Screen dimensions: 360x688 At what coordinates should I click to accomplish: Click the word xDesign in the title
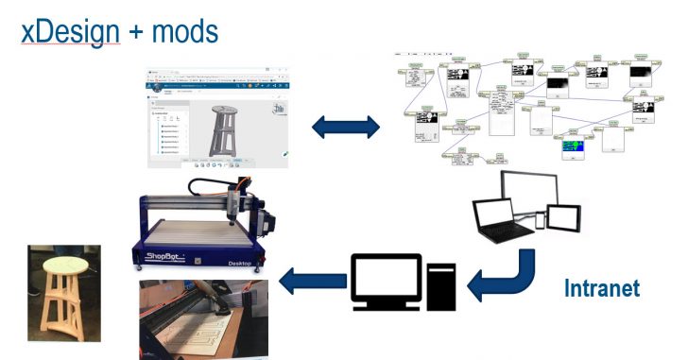[x=65, y=31]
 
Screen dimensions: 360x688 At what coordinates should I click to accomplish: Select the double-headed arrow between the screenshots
[x=347, y=127]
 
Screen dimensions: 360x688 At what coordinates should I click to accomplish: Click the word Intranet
[x=601, y=287]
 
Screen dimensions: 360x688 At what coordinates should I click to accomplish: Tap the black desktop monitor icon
[x=385, y=278]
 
